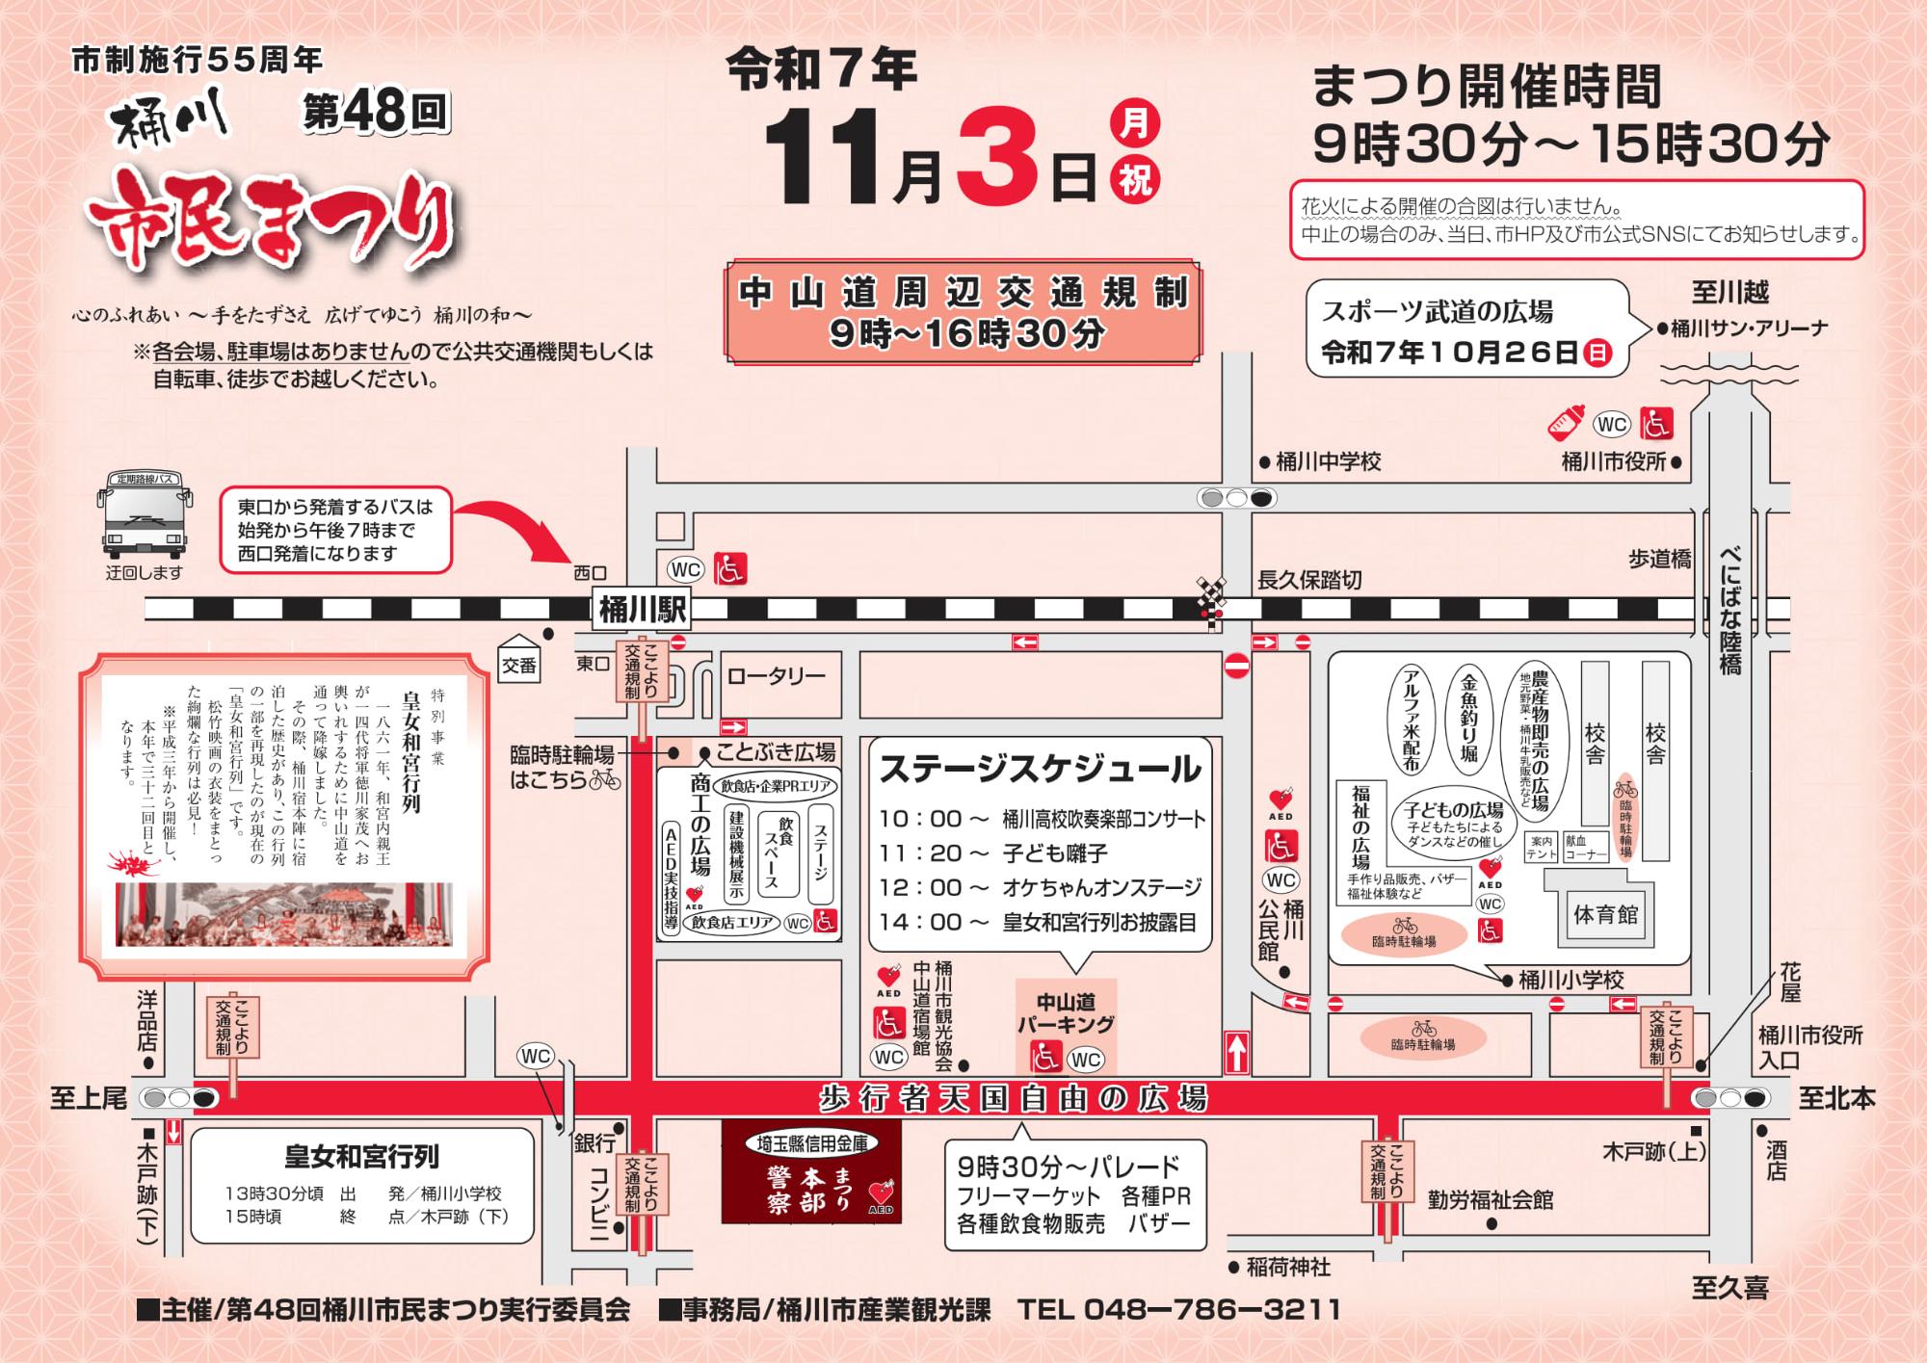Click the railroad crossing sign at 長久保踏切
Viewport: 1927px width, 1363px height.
click(1211, 596)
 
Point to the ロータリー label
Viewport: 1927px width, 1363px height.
click(777, 676)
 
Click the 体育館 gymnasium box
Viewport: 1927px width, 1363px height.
click(1605, 914)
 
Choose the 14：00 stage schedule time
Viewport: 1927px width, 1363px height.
click(934, 922)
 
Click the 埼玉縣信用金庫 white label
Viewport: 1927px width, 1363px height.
click(812, 1143)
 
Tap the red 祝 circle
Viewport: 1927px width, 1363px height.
click(1136, 180)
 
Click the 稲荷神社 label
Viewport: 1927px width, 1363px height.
click(1287, 1268)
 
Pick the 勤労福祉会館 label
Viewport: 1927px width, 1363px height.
click(1491, 1200)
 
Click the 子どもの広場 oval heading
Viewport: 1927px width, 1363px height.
click(1453, 810)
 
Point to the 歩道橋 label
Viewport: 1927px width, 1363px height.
click(1659, 560)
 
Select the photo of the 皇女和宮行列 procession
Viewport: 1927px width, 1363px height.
click(283, 914)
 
